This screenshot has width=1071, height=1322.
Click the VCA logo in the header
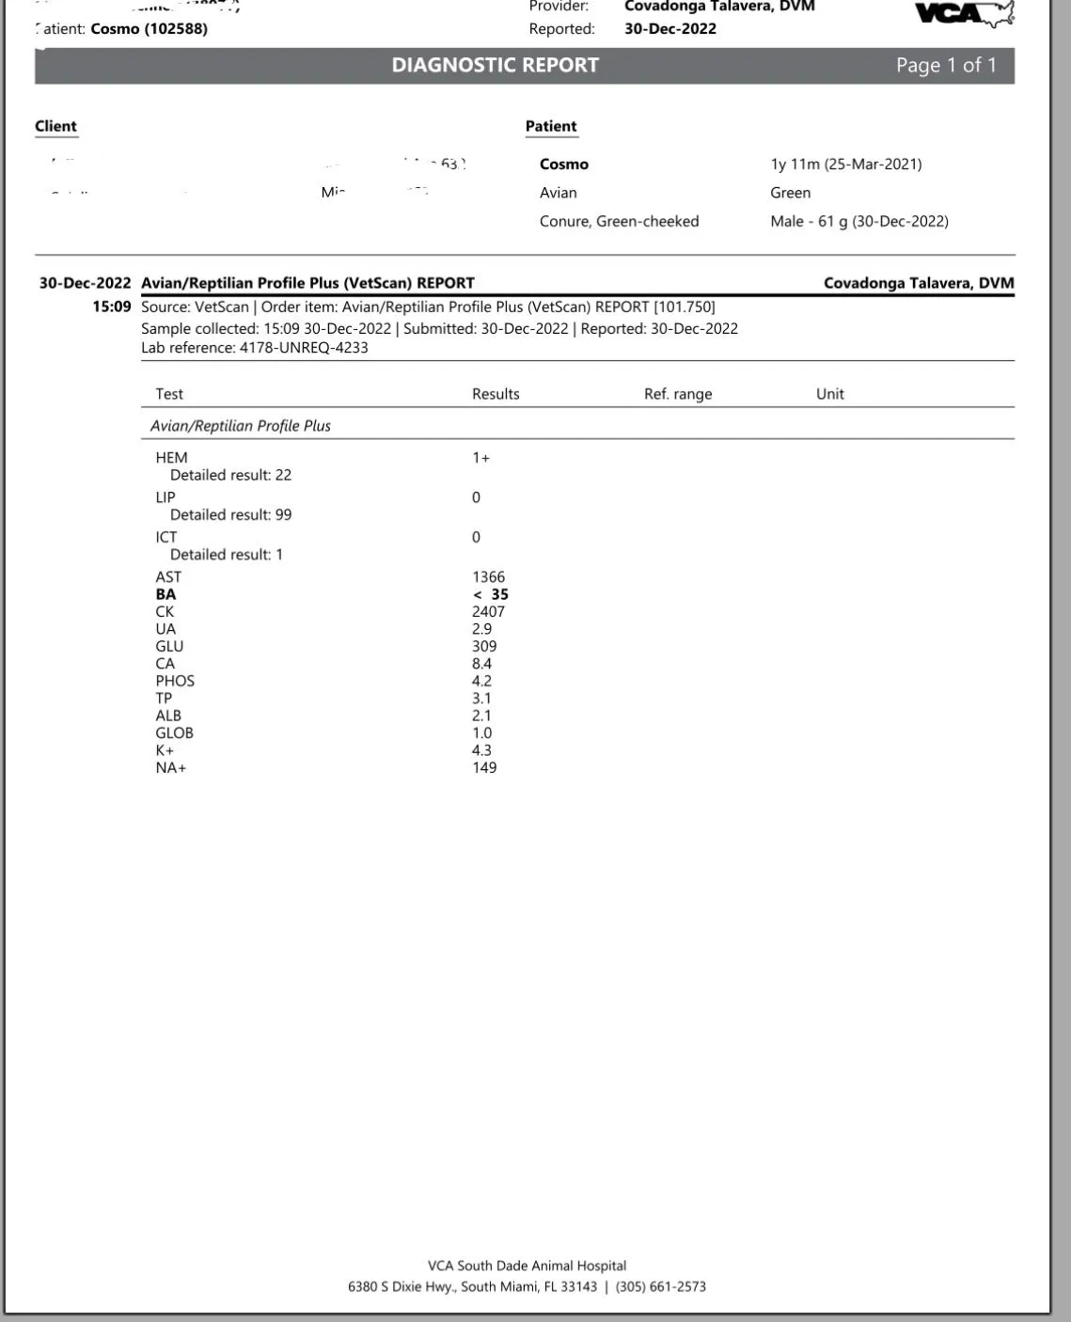pyautogui.click(x=964, y=13)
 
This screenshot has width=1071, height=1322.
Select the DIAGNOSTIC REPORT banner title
pyautogui.click(x=495, y=65)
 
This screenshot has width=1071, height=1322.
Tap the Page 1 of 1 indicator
pyautogui.click(x=945, y=65)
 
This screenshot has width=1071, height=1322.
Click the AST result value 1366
pyautogui.click(x=488, y=576)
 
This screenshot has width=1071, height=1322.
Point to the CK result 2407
pyautogui.click(x=488, y=611)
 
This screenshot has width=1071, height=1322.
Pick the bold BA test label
pyautogui.click(x=165, y=594)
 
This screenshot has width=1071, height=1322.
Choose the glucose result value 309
pyautogui.click(x=484, y=646)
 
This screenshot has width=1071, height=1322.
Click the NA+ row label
pyautogui.click(x=171, y=767)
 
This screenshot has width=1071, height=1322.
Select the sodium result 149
pyautogui.click(x=484, y=767)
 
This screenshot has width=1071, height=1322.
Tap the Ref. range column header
pyautogui.click(x=677, y=394)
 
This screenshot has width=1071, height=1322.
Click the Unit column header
pyautogui.click(x=829, y=394)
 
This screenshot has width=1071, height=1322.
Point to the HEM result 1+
pyautogui.click(x=480, y=458)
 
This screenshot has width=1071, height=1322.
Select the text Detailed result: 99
pyautogui.click(x=230, y=514)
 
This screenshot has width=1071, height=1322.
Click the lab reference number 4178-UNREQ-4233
pyautogui.click(x=304, y=348)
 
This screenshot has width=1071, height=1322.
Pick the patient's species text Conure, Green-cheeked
pyautogui.click(x=619, y=221)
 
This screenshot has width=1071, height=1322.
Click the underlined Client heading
pyautogui.click(x=55, y=126)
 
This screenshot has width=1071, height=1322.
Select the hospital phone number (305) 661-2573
pyautogui.click(x=660, y=1286)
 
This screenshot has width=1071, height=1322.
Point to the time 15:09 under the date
pyautogui.click(x=111, y=307)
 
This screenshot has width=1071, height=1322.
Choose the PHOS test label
pyautogui.click(x=175, y=681)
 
